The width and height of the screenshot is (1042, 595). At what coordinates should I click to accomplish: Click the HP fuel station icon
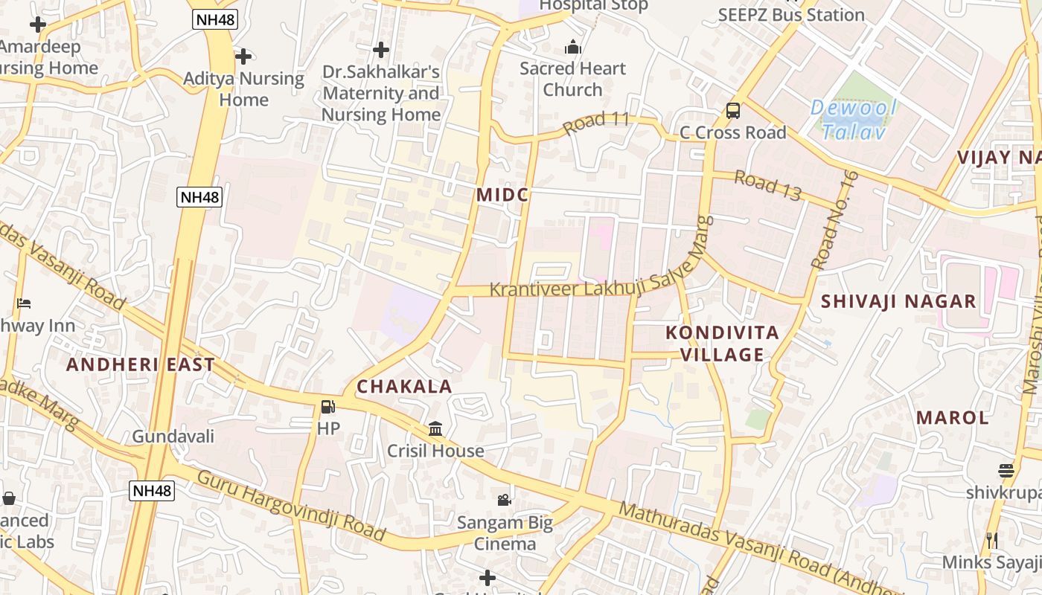coord(327,407)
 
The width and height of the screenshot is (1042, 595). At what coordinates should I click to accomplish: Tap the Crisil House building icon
coord(435,429)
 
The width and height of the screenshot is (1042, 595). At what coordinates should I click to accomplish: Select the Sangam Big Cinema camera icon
coord(505,500)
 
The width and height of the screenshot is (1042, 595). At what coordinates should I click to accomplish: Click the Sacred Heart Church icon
coord(572,48)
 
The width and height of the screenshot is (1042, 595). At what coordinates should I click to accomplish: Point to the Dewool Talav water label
coord(854,119)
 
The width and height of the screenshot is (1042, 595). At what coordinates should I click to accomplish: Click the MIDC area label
coord(502,195)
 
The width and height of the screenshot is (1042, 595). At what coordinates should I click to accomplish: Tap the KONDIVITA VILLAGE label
coord(722,343)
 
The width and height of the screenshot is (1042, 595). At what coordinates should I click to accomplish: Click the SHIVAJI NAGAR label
coord(898,301)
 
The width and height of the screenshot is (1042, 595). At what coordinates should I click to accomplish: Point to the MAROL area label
coord(953,417)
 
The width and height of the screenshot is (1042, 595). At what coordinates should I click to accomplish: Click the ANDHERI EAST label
coord(141,364)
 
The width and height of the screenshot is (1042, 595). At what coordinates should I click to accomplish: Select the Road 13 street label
coord(767,185)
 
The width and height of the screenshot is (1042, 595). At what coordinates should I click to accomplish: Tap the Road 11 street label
coord(596,123)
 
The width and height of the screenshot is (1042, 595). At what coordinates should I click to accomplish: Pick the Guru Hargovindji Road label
coord(291,505)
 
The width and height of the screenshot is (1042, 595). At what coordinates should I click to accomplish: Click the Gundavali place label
coord(173,436)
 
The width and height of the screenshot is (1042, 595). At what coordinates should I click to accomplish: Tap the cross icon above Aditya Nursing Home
coord(243,57)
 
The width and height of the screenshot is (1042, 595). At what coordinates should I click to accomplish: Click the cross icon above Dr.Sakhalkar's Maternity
coord(381,50)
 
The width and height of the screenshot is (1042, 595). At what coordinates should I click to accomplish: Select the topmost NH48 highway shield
coord(215,19)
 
